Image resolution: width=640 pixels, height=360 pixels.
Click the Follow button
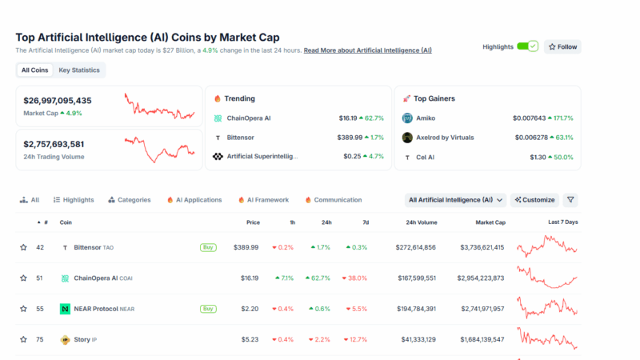[x=562, y=46]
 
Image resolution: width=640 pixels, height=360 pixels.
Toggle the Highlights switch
[x=527, y=46]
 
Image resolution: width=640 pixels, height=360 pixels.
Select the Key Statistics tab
[x=79, y=70]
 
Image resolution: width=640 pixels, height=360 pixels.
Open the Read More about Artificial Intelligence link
[x=367, y=50]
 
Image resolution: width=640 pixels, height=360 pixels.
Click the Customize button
[x=534, y=200]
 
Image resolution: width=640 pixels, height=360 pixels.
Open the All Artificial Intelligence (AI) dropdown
[x=456, y=200]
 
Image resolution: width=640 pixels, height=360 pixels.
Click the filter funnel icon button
[x=570, y=200]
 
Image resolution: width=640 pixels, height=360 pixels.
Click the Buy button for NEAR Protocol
[x=208, y=309]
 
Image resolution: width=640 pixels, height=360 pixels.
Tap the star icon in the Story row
[x=23, y=340]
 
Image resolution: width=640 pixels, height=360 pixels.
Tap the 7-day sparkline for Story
[x=546, y=338]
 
